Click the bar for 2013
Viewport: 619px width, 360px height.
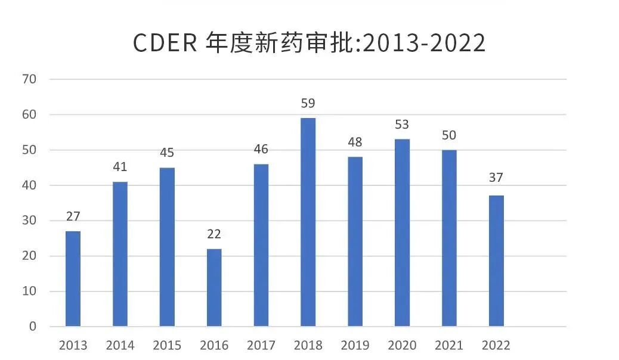click(73, 279)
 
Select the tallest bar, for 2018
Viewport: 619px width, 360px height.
click(308, 222)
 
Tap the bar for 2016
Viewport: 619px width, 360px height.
click(214, 288)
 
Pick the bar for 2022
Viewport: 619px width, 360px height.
click(496, 261)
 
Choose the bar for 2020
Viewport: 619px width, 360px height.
click(402, 233)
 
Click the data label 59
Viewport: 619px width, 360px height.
click(308, 104)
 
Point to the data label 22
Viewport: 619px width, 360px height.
click(214, 234)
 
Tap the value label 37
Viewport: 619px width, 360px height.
click(496, 178)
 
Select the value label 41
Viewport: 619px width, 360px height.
click(120, 167)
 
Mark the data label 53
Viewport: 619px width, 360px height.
click(402, 125)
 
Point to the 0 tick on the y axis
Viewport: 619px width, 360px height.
click(32, 327)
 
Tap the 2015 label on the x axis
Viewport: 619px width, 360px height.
click(167, 346)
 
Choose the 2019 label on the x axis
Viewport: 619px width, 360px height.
click(355, 346)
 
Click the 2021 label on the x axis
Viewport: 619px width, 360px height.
click(449, 346)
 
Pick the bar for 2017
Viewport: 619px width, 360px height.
click(261, 246)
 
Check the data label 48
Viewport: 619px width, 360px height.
click(355, 142)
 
